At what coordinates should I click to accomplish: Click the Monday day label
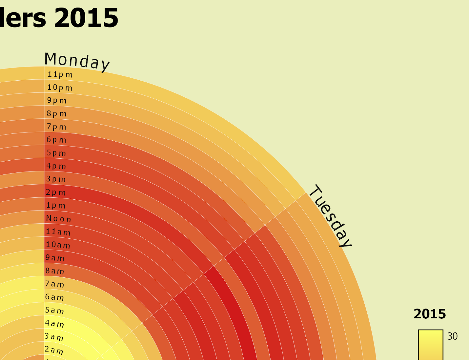click(77, 61)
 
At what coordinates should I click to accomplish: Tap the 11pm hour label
click(60, 74)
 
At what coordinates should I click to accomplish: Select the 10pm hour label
click(60, 87)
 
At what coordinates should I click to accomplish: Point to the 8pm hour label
click(57, 113)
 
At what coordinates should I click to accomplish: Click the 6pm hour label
click(56, 140)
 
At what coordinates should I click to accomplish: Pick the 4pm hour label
click(56, 166)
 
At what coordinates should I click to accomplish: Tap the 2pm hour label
click(56, 193)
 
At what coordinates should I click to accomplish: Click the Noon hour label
click(58, 219)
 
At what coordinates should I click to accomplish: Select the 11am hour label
click(58, 232)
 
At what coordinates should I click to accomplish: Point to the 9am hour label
click(55, 258)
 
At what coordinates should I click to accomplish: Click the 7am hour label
click(54, 284)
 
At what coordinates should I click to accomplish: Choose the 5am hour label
click(54, 310)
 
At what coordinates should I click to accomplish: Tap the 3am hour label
click(54, 337)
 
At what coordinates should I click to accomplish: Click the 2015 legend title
click(429, 314)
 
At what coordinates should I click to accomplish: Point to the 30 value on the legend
click(452, 336)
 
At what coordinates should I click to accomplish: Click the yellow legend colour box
click(430, 345)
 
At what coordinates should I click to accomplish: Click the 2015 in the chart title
click(86, 18)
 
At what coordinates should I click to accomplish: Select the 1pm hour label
click(56, 206)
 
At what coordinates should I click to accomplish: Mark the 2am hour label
click(54, 350)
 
